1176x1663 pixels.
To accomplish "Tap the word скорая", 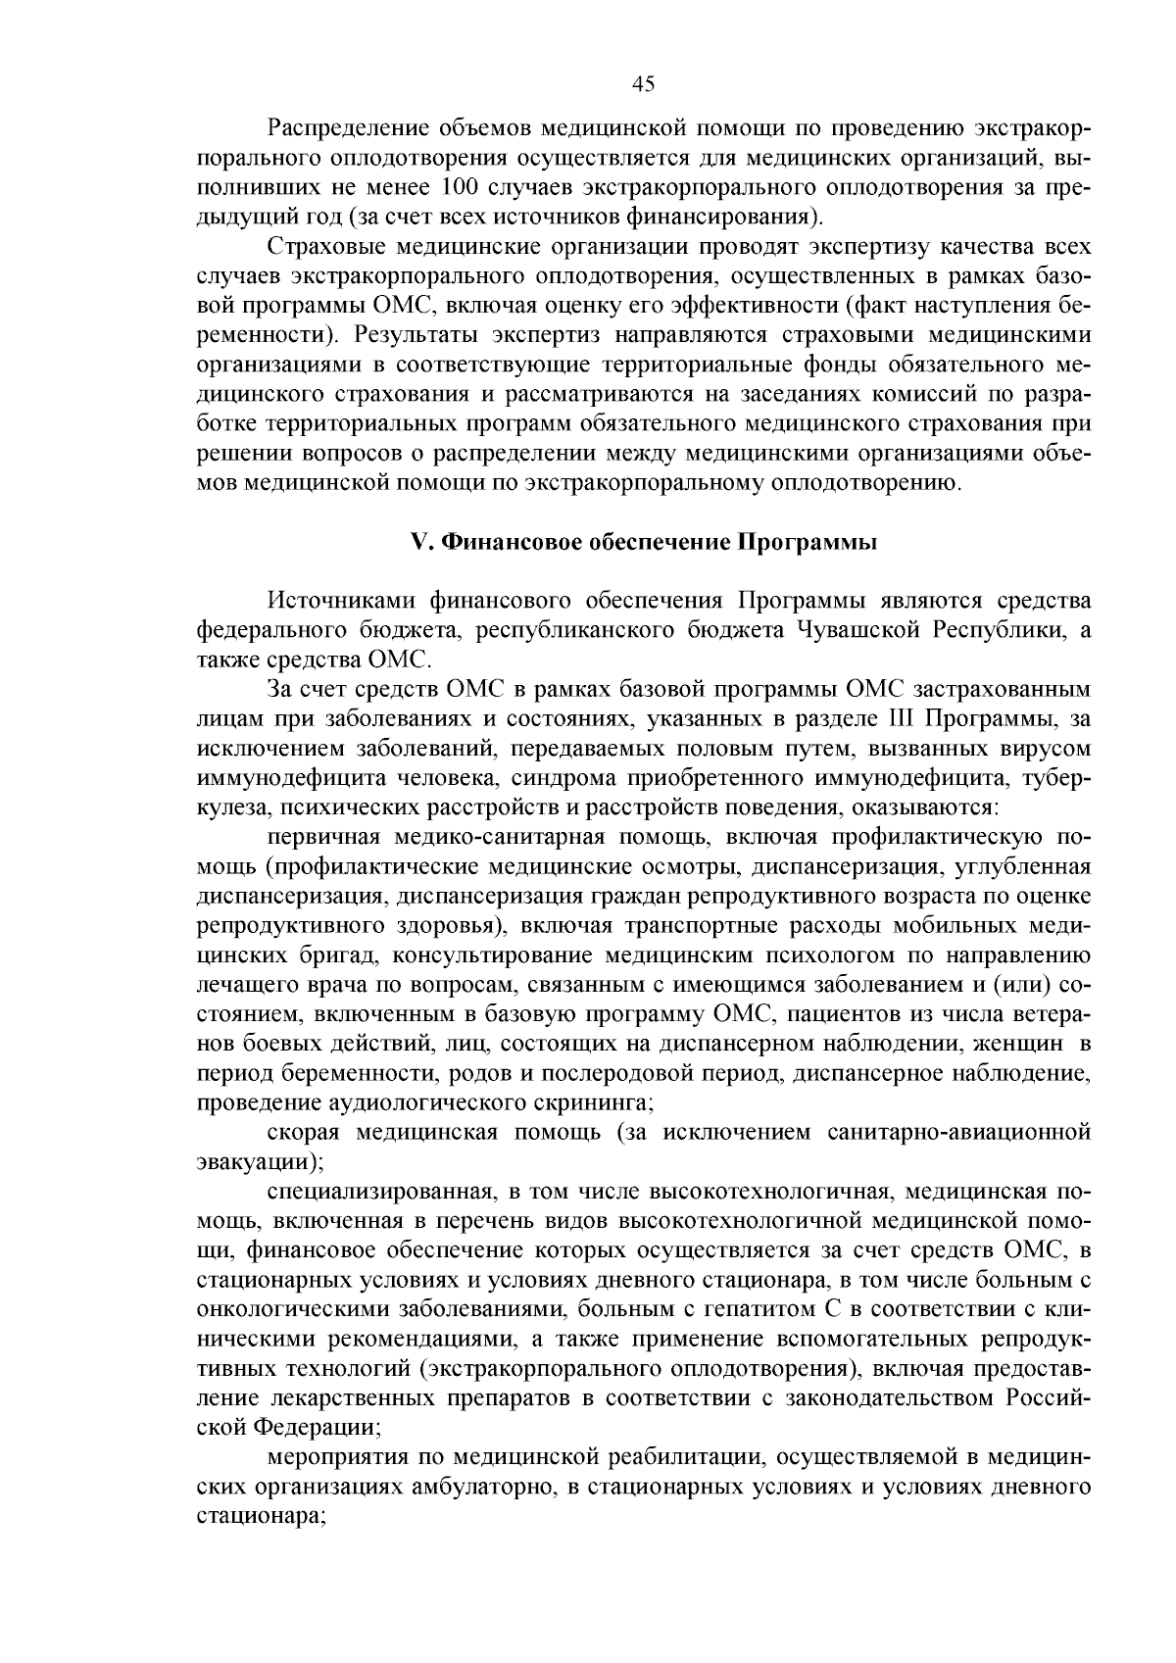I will [302, 1133].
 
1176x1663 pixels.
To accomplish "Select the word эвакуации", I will [253, 1162].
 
